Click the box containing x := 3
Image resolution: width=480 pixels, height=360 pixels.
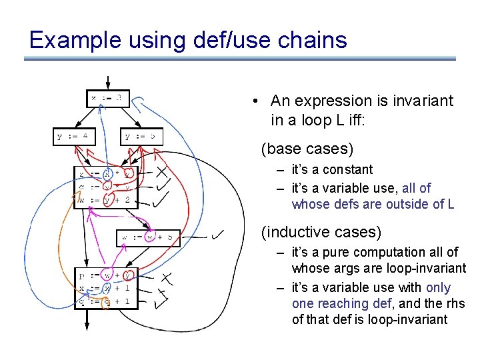[x=107, y=98]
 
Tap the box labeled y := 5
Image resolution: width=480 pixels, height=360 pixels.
[x=142, y=137]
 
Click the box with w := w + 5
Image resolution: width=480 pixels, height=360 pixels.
[x=148, y=237]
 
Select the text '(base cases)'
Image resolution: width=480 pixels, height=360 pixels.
[x=307, y=147]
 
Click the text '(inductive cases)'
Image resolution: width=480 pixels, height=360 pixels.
[x=321, y=232]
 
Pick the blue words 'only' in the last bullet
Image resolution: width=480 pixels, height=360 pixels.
[x=437, y=287]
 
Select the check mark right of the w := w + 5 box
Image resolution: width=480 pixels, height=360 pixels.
[x=217, y=235]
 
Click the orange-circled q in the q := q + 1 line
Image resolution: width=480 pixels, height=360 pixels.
[x=105, y=301]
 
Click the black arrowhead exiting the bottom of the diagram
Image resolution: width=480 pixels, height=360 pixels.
[x=86, y=324]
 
